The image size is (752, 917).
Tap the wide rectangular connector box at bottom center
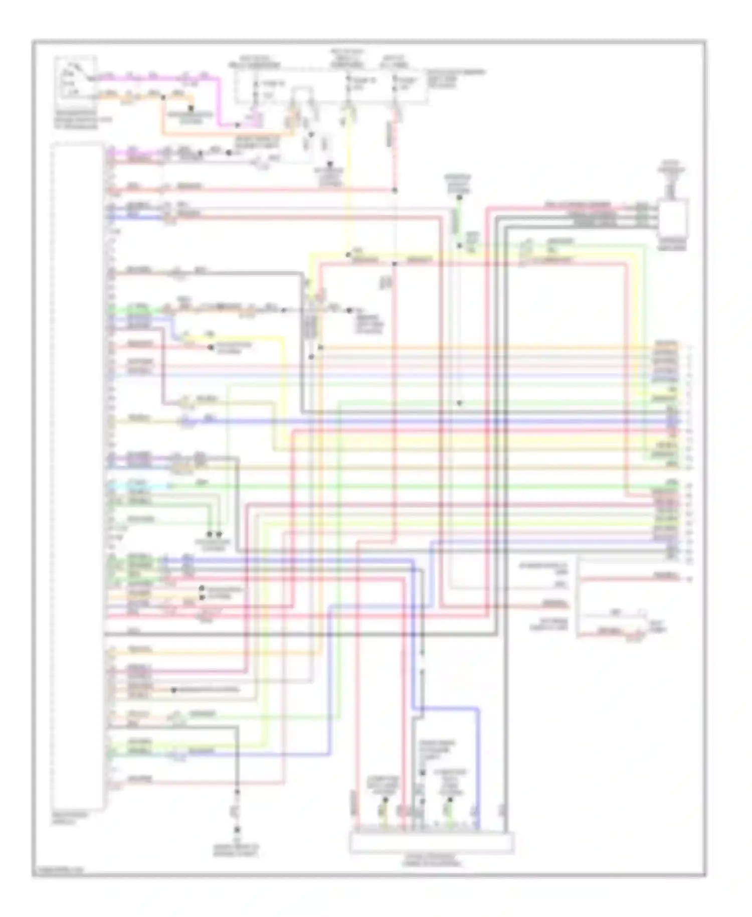pyautogui.click(x=431, y=842)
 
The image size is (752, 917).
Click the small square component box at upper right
pyautogui.click(x=673, y=217)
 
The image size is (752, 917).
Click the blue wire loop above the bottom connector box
pyautogui.click(x=451, y=708)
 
